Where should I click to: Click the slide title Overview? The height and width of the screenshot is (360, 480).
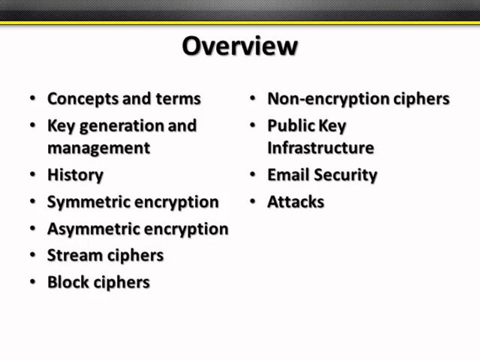[x=239, y=46]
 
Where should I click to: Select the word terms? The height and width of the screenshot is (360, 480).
[x=178, y=98]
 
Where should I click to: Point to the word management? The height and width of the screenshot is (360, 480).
[x=98, y=148]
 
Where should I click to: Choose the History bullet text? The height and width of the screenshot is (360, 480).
[x=75, y=175]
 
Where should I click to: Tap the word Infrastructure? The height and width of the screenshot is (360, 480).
[x=320, y=148]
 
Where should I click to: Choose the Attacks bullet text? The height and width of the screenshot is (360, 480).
[x=295, y=202]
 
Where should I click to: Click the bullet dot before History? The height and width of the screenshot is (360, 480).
[x=33, y=175]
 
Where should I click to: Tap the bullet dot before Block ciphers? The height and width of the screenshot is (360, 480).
[x=33, y=282]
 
